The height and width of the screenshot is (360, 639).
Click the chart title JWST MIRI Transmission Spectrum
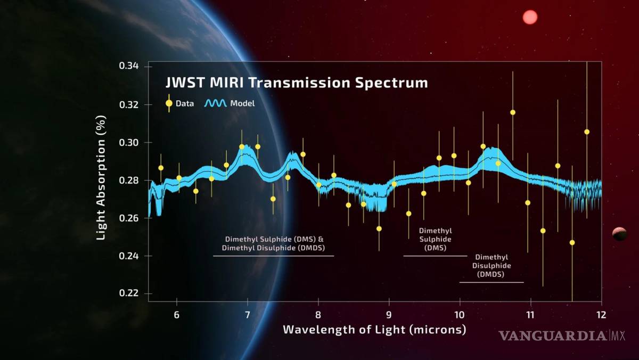tap(296, 83)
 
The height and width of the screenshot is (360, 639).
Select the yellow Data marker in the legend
tap(169, 103)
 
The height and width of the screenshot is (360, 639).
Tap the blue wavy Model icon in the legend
tap(216, 103)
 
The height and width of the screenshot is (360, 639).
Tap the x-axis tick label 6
tap(177, 315)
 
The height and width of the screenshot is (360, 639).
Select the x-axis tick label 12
tap(601, 315)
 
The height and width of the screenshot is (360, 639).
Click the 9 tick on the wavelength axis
tap(389, 315)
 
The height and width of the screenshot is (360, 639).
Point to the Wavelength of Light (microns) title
tap(374, 330)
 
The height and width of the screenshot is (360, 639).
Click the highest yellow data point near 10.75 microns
tap(513, 112)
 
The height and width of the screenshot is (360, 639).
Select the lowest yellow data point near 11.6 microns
tap(572, 242)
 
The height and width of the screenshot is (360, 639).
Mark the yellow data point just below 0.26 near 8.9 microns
tap(379, 228)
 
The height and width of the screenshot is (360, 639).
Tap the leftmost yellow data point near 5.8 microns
tap(161, 168)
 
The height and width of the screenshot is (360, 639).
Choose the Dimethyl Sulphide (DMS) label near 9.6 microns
tap(435, 239)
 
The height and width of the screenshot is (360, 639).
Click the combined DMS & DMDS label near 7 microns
tap(274, 244)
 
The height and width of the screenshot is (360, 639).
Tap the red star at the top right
tap(530, 18)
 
